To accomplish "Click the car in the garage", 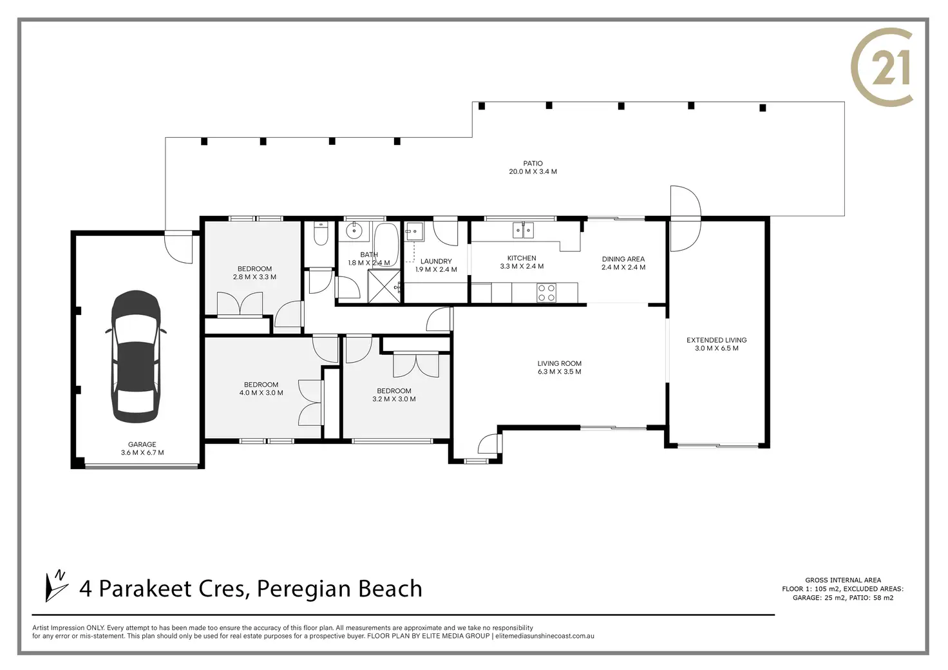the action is [136, 356].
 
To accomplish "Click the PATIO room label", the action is [533, 163].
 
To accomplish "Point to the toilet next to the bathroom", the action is [320, 234].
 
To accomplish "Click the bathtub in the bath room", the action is [386, 245].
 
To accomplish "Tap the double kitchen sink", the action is [523, 230].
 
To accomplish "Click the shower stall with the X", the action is [384, 285].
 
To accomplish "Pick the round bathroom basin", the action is [354, 231].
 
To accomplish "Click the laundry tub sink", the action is [415, 231].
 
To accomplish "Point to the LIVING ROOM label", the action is [559, 363].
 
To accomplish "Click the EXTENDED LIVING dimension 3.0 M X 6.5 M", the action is [717, 349].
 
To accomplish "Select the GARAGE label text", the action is [142, 445].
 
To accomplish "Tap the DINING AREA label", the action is [623, 258].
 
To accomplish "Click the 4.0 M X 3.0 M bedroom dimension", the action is [261, 392].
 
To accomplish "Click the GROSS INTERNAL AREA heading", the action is [843, 580].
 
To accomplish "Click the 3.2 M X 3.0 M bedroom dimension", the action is [394, 399].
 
